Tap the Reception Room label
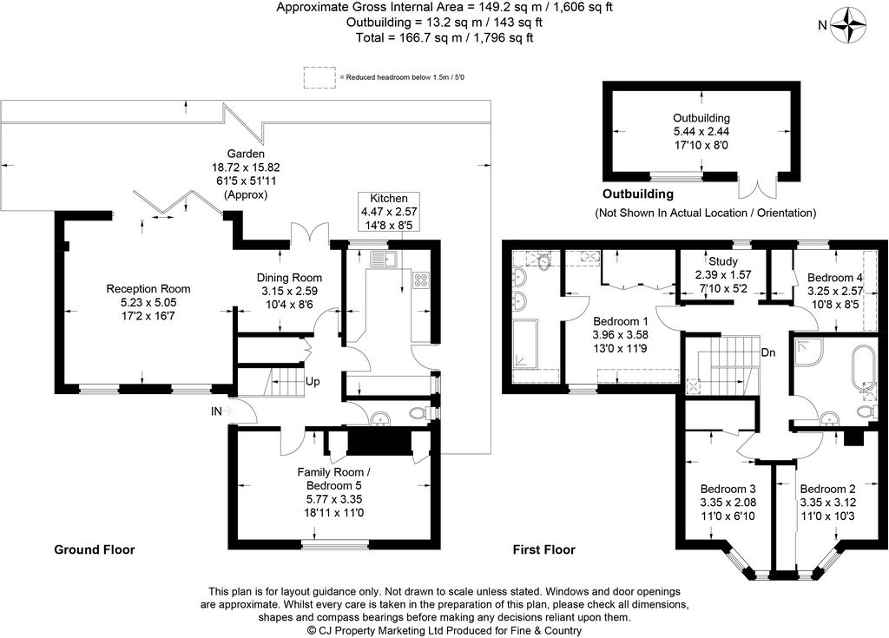point(148,289)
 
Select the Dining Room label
point(289,277)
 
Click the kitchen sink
point(385,260)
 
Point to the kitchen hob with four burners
point(421,280)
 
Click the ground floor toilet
point(420,413)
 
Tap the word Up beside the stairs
point(313,382)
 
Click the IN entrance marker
point(216,411)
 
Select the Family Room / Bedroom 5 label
point(334,478)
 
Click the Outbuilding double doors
point(757,185)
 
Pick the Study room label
point(723,261)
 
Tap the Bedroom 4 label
point(834,277)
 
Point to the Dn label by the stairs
point(768,352)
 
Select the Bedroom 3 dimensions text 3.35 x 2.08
point(728,503)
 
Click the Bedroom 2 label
point(827,489)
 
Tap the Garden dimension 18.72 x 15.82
point(246,168)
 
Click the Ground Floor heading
point(94,549)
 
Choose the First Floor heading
point(543,549)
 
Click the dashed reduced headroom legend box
point(319,78)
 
